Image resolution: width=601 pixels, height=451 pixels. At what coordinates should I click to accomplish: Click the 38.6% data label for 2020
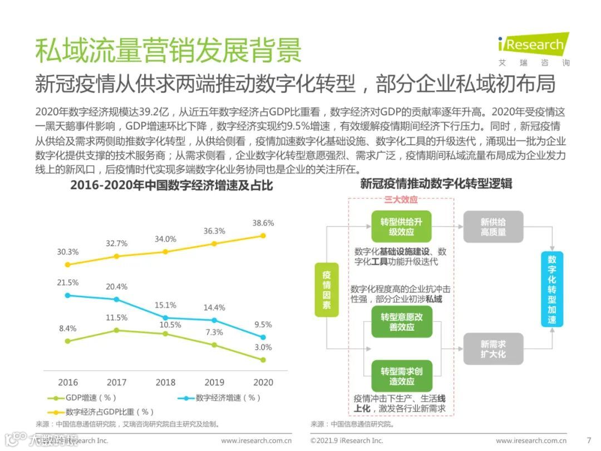[x=263, y=223]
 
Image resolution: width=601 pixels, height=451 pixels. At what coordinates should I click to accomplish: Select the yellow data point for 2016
[x=68, y=264]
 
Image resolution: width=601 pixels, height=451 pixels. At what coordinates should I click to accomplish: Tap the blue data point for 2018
[x=165, y=318]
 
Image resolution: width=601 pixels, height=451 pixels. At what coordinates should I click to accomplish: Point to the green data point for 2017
[x=116, y=330]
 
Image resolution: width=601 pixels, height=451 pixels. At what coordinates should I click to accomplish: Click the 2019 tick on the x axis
[x=214, y=383]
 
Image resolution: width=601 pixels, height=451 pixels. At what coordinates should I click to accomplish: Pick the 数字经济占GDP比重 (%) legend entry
[x=100, y=412]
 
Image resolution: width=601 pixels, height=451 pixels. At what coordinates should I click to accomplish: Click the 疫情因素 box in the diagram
[x=327, y=290]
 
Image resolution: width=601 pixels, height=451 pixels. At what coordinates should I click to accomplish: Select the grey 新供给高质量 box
[x=493, y=227]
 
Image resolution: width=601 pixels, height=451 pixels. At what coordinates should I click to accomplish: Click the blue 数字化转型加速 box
[x=551, y=290]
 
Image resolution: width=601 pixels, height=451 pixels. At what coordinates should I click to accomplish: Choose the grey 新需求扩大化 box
[x=493, y=349]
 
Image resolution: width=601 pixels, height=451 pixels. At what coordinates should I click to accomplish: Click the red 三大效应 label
[x=401, y=199]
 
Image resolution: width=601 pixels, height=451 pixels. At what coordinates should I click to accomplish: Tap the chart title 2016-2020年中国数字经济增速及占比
[x=171, y=185]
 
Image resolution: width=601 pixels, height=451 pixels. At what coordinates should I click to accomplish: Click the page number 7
[x=588, y=440]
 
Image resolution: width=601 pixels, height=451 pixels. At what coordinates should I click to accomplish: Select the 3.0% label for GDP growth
[x=263, y=347]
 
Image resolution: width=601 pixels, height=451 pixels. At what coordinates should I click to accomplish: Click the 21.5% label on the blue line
[x=68, y=283]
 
